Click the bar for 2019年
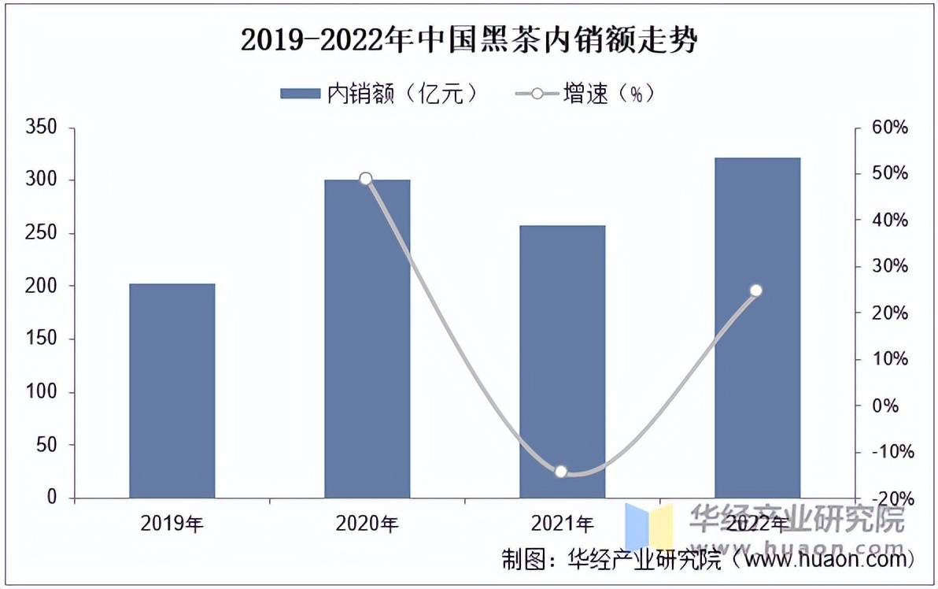click(x=172, y=391)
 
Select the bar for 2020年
click(x=367, y=339)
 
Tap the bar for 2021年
click(x=562, y=361)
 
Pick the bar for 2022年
click(x=757, y=328)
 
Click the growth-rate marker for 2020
click(x=366, y=179)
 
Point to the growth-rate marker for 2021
click(x=561, y=472)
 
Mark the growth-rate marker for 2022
click(x=756, y=291)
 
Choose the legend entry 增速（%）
click(x=585, y=94)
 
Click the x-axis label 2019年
click(x=172, y=523)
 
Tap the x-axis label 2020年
click(x=367, y=523)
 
